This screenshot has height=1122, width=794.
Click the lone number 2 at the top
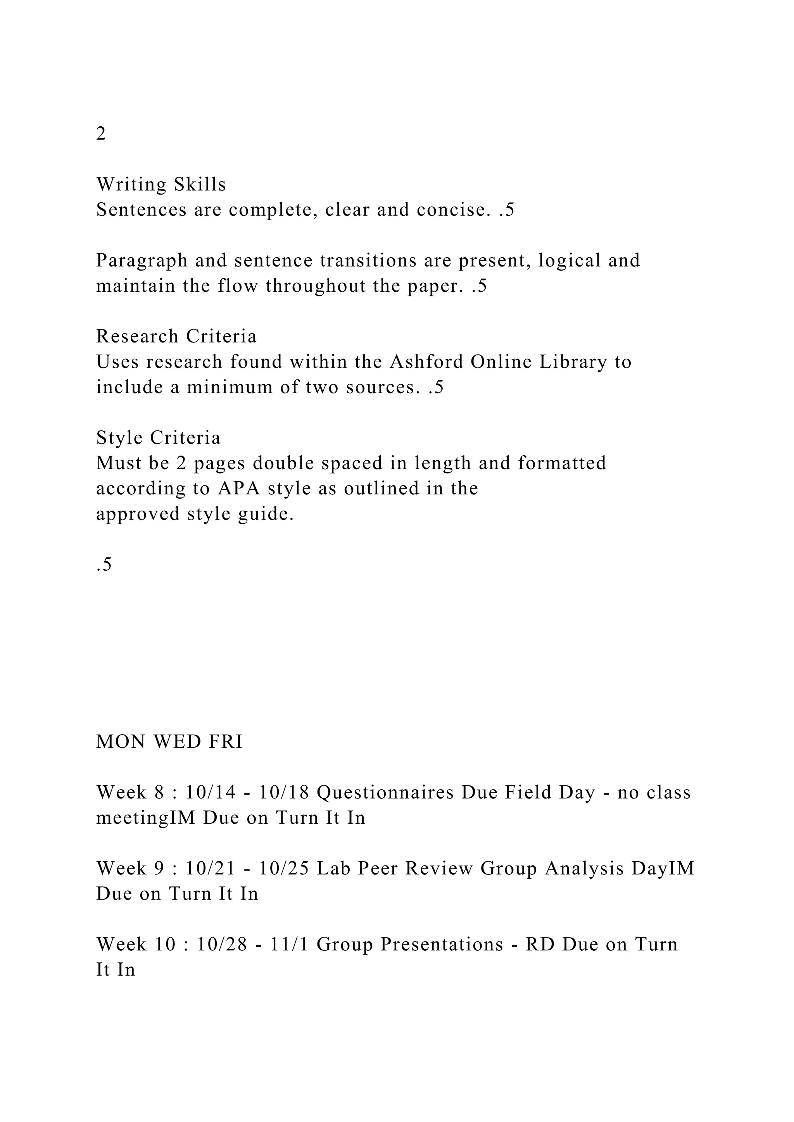(x=101, y=133)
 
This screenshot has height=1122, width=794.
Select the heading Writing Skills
(x=161, y=184)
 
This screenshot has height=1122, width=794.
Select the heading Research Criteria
(x=176, y=336)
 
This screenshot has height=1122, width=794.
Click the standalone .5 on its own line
(x=104, y=564)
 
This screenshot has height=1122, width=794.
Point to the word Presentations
(x=442, y=944)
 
